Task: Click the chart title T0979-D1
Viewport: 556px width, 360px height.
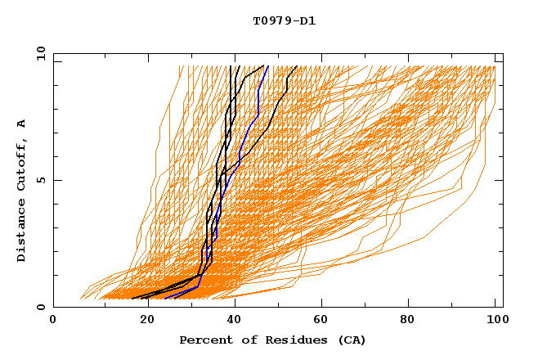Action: [x=284, y=21]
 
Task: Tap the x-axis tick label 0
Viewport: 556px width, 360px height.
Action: [x=53, y=320]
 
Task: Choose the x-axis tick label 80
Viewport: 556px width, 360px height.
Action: [x=406, y=320]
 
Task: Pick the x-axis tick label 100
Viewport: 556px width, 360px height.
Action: [x=495, y=320]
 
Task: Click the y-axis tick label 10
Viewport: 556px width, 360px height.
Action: [x=39, y=53]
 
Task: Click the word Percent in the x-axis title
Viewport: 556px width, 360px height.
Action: [x=205, y=340]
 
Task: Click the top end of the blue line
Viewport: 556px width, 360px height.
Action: [x=267, y=66]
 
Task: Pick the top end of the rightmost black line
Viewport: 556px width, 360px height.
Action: [x=297, y=66]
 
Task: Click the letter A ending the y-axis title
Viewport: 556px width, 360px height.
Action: [x=22, y=124]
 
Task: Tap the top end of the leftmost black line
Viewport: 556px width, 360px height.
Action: [x=231, y=66]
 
